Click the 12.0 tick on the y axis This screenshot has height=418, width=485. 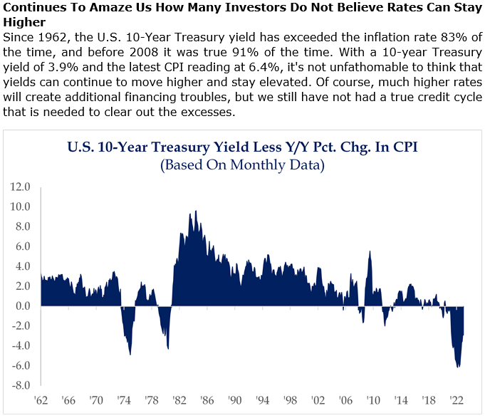[21, 187]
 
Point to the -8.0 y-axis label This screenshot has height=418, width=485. [20, 385]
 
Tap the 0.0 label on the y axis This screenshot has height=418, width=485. [22, 306]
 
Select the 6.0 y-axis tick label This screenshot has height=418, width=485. [22, 246]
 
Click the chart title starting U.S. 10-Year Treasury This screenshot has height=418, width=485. [241, 149]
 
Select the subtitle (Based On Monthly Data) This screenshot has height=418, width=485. [242, 166]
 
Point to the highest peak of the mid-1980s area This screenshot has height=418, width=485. [196, 211]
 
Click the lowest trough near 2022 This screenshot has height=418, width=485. [457, 367]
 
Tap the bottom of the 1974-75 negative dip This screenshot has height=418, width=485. [130, 355]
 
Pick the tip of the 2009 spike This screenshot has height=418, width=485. [370, 251]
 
